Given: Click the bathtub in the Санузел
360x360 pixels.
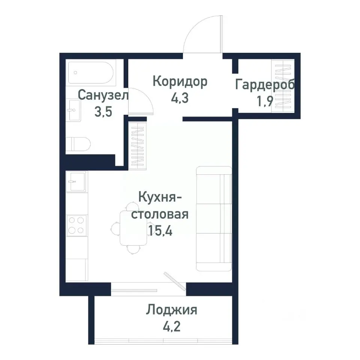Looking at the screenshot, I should pyautogui.click(x=92, y=74).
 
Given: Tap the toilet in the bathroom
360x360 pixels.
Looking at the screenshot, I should pyautogui.click(x=78, y=144).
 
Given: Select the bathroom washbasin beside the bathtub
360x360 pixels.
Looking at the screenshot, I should pyautogui.click(x=73, y=110).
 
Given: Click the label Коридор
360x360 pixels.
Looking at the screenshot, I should pyautogui.click(x=180, y=81).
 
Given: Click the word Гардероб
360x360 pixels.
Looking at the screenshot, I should pyautogui.click(x=265, y=85).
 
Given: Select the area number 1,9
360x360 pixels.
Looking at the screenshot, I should pyautogui.click(x=264, y=102).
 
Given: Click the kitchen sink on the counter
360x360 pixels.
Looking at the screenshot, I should pyautogui.click(x=76, y=182).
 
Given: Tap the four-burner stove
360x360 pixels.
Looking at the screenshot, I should pyautogui.click(x=76, y=225).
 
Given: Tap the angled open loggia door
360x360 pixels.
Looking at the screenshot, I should pyautogui.click(x=175, y=281).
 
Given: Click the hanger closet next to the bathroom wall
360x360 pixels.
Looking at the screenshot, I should pyautogui.click(x=138, y=144).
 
